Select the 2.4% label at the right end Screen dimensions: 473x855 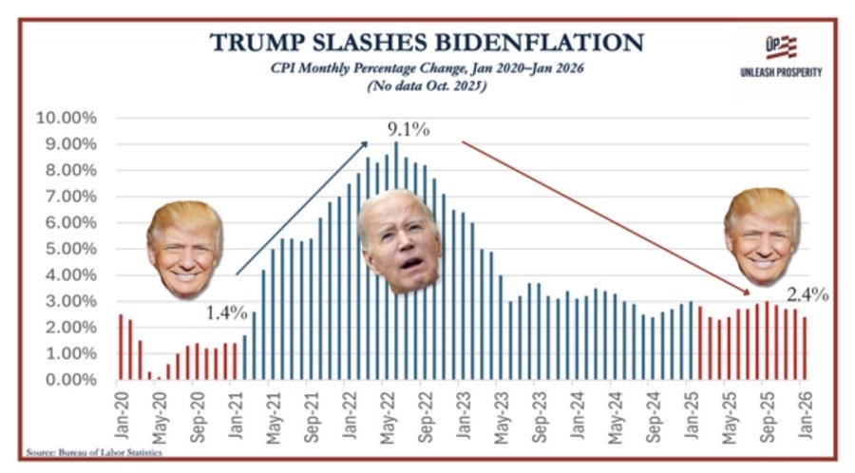tap(808, 294)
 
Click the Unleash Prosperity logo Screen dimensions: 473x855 tap(780, 56)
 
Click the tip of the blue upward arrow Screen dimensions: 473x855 tap(366, 142)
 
